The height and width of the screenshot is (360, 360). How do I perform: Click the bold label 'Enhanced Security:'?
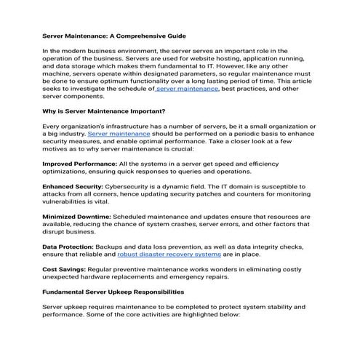pyautogui.click(x=71, y=186)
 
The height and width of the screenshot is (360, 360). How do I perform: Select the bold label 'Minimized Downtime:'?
pyautogui.click(x=76, y=217)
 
